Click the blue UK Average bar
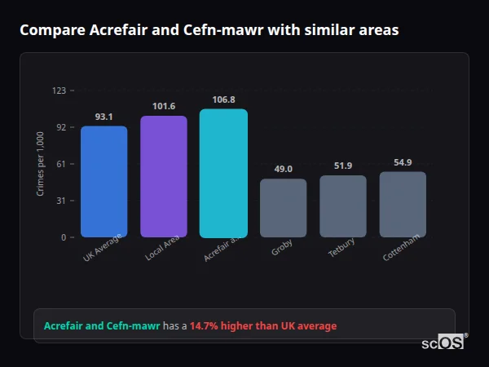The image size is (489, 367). (104, 181)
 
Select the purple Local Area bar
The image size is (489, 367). (164, 176)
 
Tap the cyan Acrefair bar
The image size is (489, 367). (223, 173)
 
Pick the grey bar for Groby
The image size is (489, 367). (283, 208)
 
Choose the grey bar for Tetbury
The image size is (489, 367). (343, 206)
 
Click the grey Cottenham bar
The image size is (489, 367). (403, 204)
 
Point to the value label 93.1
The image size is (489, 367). (104, 117)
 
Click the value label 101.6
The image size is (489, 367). (164, 106)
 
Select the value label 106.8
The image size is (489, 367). (223, 99)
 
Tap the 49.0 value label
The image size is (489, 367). (283, 169)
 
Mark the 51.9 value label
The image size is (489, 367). (343, 166)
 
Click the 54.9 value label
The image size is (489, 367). (403, 162)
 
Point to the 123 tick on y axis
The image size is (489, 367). (59, 91)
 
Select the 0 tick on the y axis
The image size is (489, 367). (64, 237)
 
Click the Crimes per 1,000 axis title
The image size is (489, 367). (40, 164)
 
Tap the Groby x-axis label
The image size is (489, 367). (282, 247)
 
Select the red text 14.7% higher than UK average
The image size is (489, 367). (262, 325)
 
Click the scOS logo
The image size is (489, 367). (443, 343)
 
